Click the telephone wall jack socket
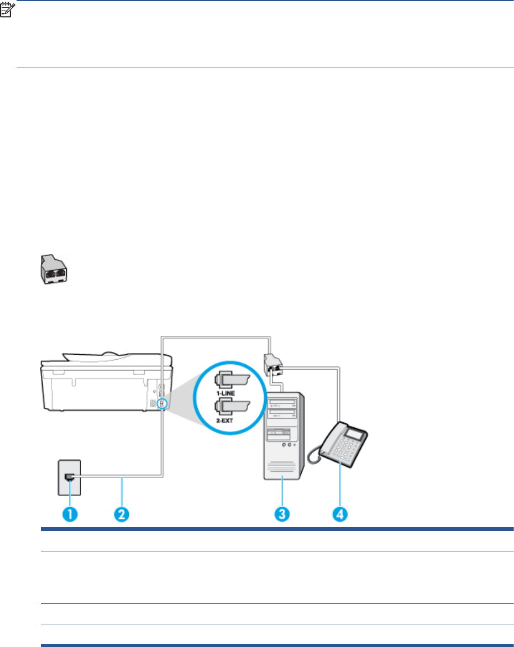(x=69, y=477)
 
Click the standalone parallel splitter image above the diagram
(x=53, y=270)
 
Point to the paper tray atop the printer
(x=91, y=358)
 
